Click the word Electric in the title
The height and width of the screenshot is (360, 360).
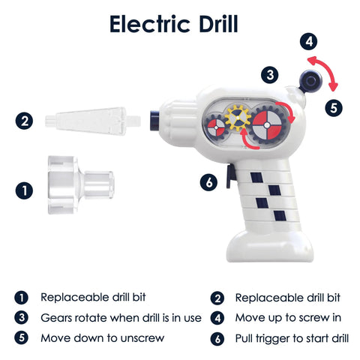[150, 24]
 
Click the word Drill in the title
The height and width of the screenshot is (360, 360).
[218, 24]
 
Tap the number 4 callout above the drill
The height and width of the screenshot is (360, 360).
[309, 41]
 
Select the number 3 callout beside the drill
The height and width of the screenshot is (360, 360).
[270, 75]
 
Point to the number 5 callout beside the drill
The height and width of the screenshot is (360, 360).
[334, 108]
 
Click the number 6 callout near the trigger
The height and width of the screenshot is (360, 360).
[208, 182]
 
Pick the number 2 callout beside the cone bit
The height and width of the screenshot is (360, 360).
[24, 121]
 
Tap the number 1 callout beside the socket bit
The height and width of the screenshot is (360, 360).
[24, 190]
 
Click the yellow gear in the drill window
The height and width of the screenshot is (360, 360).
[238, 118]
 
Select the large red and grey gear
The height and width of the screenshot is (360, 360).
[267, 124]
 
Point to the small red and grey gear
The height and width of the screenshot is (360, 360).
[216, 127]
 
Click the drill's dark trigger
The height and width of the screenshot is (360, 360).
[230, 176]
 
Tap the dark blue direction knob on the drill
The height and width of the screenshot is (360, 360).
[310, 81]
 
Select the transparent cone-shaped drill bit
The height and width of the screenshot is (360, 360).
[93, 121]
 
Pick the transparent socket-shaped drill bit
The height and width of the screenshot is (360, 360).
[80, 185]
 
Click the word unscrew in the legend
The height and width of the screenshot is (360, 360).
[142, 338]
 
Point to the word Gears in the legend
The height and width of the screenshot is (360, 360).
[57, 318]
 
